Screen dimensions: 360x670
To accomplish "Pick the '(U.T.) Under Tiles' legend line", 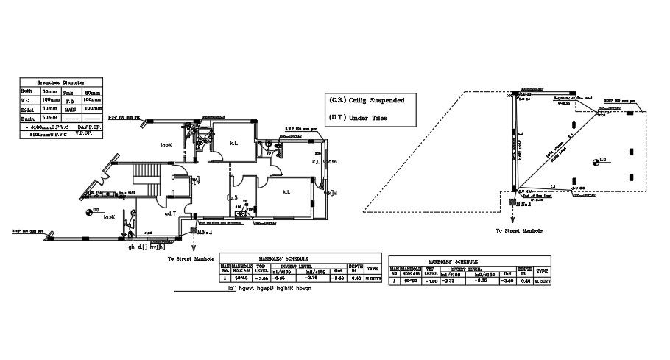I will point(358,118).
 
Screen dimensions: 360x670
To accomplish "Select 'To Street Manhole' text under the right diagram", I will point(519,230).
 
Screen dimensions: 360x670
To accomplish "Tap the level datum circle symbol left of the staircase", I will point(94,212).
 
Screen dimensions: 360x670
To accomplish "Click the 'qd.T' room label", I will point(169,213).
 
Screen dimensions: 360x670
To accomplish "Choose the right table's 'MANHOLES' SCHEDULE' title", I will point(468,261).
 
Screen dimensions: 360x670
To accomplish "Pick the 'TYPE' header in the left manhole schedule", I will point(373,269).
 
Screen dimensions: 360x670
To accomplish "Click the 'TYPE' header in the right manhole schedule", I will point(542,271).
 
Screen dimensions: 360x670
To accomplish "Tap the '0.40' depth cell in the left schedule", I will point(356,278).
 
